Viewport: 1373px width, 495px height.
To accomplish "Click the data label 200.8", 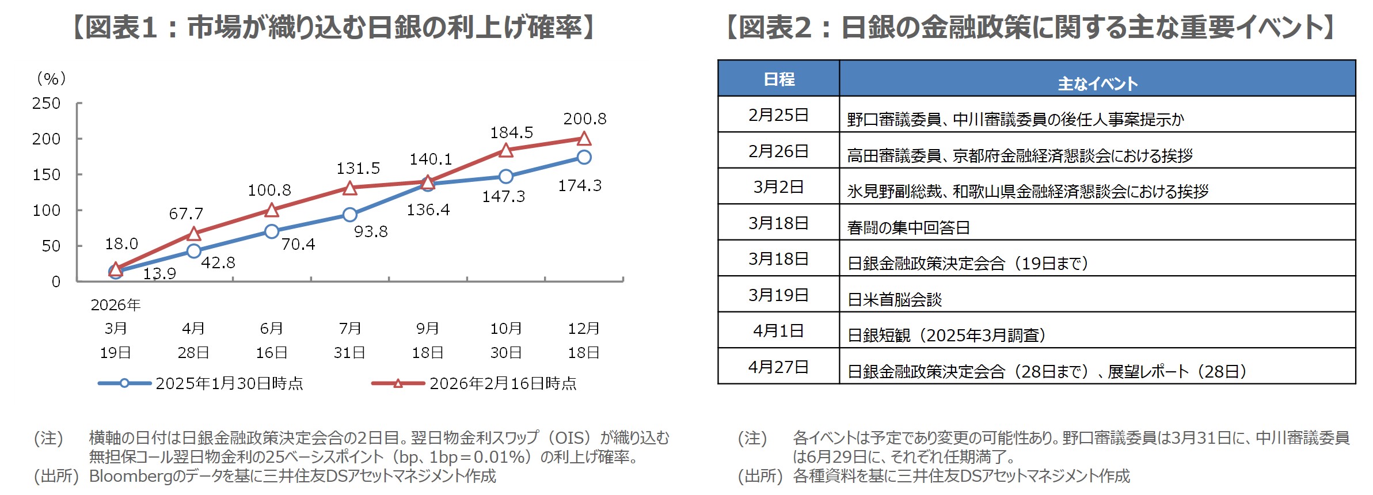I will click(x=584, y=119).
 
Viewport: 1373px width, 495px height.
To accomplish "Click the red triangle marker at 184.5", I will click(x=505, y=151).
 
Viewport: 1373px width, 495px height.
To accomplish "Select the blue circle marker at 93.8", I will click(x=349, y=215).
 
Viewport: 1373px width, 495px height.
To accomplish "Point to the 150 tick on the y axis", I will click(x=46, y=174).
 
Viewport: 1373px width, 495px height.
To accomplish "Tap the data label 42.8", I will click(x=218, y=262).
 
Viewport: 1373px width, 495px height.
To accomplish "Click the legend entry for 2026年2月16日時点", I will click(x=503, y=383).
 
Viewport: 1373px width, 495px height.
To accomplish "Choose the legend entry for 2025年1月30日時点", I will click(x=229, y=383).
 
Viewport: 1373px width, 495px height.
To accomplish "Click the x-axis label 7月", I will click(x=349, y=328).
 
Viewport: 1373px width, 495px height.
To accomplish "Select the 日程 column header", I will click(x=778, y=79).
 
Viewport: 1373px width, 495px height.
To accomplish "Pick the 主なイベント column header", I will click(x=1097, y=83).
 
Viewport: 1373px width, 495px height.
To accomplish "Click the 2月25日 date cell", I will click(x=778, y=115).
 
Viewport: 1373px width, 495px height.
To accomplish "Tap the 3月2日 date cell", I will click(x=778, y=186).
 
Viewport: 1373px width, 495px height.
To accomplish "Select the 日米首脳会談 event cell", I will click(x=895, y=299).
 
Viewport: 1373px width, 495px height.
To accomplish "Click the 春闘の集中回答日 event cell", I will click(x=908, y=227).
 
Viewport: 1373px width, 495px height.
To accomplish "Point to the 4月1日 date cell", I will click(x=778, y=330).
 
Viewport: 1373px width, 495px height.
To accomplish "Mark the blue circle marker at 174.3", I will click(x=584, y=157).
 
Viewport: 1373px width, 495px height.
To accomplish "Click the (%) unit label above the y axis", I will click(x=51, y=78).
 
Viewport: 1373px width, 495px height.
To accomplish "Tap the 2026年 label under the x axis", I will click(x=116, y=304).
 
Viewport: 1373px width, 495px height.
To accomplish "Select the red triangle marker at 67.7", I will click(x=194, y=234).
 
